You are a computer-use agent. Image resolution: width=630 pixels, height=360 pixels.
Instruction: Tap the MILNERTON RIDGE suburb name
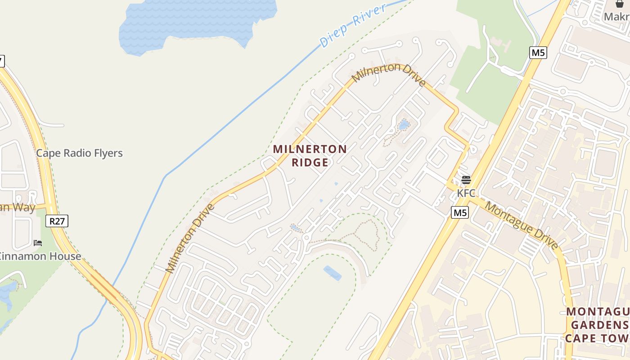pyautogui.click(x=310, y=155)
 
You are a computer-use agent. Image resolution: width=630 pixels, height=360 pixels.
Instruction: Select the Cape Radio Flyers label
pyautogui.click(x=79, y=153)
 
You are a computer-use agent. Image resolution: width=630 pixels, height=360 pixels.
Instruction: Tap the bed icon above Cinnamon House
pyautogui.click(x=38, y=243)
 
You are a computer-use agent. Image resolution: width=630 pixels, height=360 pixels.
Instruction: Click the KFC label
pyautogui.click(x=466, y=193)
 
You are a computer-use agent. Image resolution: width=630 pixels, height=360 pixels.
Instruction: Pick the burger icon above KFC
pyautogui.click(x=466, y=180)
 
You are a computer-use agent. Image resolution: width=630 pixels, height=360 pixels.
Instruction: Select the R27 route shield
pyautogui.click(x=57, y=221)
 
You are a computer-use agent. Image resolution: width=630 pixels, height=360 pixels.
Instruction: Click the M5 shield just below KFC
pyautogui.click(x=460, y=212)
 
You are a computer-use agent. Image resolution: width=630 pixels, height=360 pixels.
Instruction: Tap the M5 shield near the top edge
pyautogui.click(x=538, y=53)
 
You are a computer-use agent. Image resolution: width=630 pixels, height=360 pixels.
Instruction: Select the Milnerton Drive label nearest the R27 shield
pyautogui.click(x=190, y=238)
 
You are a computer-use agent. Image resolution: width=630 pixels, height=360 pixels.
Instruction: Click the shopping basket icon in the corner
pyautogui.click(x=620, y=4)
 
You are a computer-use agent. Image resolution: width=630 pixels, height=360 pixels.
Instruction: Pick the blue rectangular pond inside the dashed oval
pyautogui.click(x=332, y=273)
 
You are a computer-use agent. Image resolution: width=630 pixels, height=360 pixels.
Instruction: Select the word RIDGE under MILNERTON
pyautogui.click(x=310, y=162)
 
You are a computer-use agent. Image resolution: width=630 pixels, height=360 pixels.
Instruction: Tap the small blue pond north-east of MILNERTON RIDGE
pyautogui.click(x=404, y=125)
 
